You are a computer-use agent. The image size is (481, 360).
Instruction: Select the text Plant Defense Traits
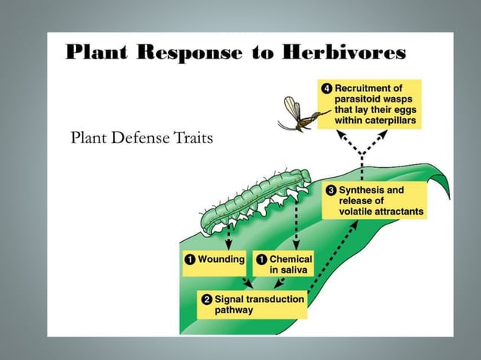point(141,138)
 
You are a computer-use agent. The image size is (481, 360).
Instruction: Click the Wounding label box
point(214,260)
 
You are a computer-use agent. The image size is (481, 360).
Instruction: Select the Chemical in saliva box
point(283,264)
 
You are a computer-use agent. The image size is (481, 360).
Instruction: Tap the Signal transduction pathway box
point(253,304)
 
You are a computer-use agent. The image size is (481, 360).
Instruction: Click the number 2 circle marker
point(205,300)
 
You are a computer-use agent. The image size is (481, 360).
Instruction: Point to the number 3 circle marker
point(330,191)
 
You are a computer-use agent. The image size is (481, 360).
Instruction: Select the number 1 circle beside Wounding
point(189,260)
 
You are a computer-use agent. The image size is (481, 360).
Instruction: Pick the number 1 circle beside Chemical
point(260,260)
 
